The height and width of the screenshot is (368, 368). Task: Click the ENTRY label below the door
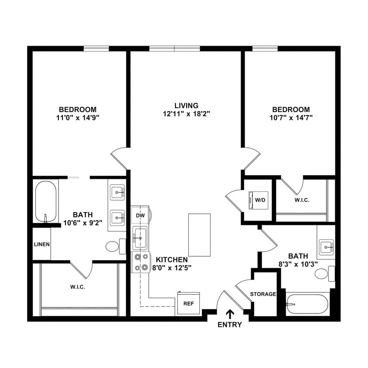click(229, 324)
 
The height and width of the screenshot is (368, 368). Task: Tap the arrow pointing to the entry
click(229, 313)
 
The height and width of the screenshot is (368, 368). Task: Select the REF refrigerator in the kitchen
click(188, 303)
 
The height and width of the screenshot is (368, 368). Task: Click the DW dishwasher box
click(140, 215)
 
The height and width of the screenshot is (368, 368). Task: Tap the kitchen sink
click(140, 238)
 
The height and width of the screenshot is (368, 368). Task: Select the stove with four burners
click(140, 262)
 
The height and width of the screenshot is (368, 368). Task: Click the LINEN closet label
click(42, 244)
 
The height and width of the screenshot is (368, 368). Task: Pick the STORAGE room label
click(263, 294)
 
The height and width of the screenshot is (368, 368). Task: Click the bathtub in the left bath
click(46, 201)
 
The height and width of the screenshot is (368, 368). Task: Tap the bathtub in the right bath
click(307, 304)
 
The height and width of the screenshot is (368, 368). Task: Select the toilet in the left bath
click(113, 246)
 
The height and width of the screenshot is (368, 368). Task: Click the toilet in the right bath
click(323, 273)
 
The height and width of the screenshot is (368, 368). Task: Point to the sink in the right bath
click(326, 247)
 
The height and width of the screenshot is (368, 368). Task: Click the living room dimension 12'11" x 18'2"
click(186, 114)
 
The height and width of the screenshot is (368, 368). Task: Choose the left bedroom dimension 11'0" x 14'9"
click(78, 117)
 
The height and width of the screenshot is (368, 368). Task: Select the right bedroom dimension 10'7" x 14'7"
click(291, 117)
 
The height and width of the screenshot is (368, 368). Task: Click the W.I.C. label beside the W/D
click(302, 200)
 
